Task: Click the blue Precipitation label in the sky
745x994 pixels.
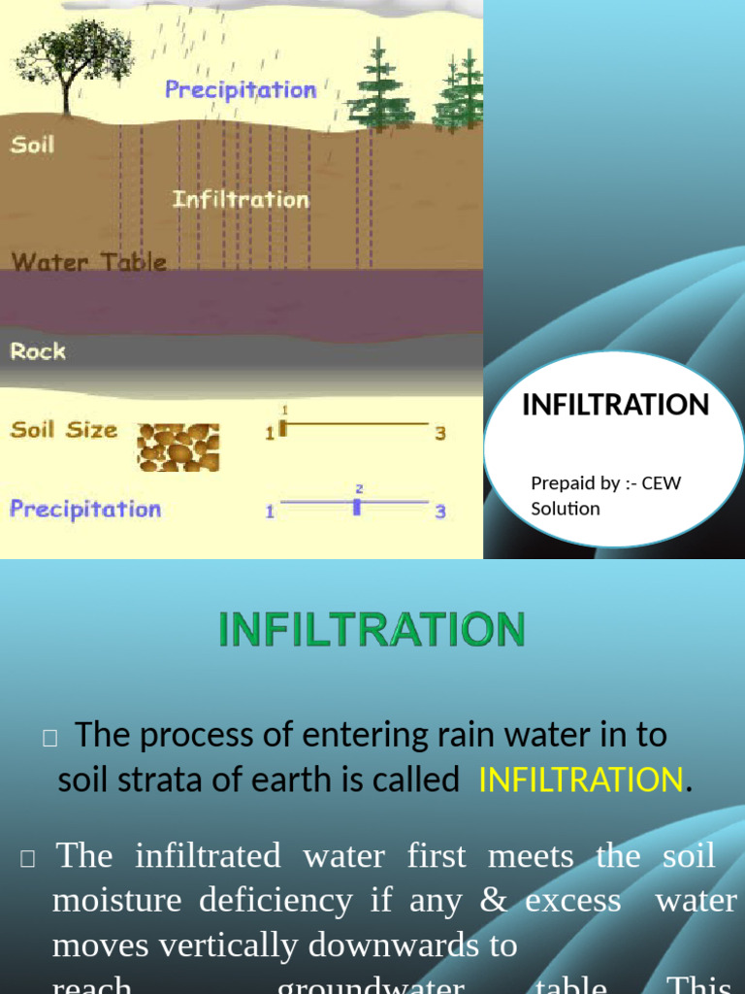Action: (241, 90)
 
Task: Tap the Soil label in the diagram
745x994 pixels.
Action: (32, 146)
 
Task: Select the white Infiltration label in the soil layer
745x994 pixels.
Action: (241, 200)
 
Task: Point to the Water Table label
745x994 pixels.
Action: (88, 262)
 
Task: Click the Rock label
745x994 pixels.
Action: (38, 350)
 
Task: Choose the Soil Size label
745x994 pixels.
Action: (63, 429)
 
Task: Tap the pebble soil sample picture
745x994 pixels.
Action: (178, 447)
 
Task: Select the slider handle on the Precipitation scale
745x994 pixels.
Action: (357, 506)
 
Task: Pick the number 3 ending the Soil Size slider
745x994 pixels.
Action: (440, 433)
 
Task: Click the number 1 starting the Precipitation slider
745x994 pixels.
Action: (271, 512)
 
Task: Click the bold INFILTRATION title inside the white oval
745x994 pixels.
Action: (616, 405)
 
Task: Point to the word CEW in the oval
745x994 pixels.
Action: (662, 482)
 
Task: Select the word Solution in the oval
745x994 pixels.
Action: (566, 508)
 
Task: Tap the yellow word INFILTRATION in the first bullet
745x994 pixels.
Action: (581, 779)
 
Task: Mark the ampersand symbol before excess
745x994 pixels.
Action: (494, 900)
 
